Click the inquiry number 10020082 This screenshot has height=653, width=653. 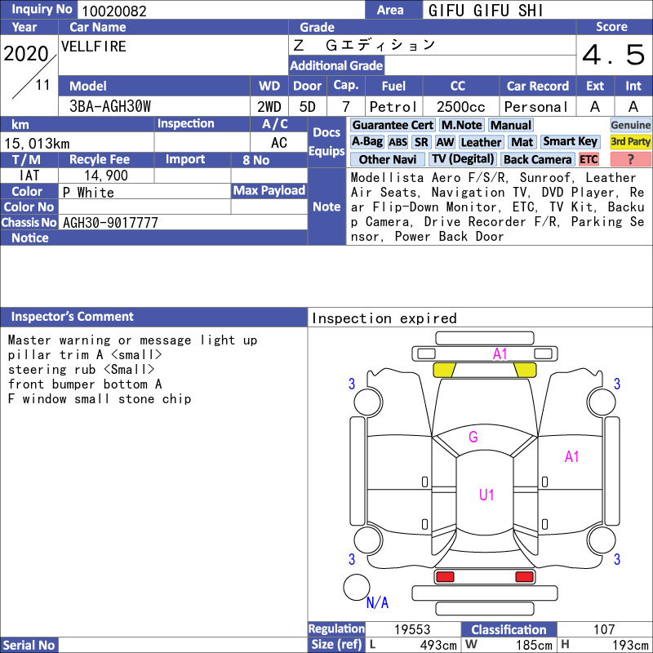pyautogui.click(x=114, y=11)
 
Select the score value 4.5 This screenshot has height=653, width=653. pyautogui.click(x=614, y=55)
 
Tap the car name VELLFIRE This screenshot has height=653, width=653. pyautogui.click(x=94, y=47)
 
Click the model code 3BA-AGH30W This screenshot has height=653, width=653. pyautogui.click(x=110, y=106)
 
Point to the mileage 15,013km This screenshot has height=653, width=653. pyautogui.click(x=37, y=144)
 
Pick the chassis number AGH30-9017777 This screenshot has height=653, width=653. pyautogui.click(x=110, y=222)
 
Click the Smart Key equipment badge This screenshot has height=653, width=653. pyautogui.click(x=571, y=141)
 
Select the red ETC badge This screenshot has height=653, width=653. pyautogui.click(x=589, y=159)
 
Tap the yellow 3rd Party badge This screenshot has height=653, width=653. pyautogui.click(x=630, y=141)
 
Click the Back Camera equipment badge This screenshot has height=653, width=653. pyautogui.click(x=538, y=159)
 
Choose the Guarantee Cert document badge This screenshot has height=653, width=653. pyautogui.click(x=393, y=125)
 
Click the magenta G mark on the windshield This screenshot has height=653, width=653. pyautogui.click(x=473, y=437)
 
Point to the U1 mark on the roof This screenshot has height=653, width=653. pyautogui.click(x=486, y=495)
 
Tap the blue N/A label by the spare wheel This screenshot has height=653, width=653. pyautogui.click(x=377, y=602)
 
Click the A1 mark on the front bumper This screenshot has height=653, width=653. pyautogui.click(x=500, y=354)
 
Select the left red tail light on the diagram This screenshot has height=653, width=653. pyautogui.click(x=445, y=577)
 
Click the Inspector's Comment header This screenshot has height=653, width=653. pyautogui.click(x=73, y=317)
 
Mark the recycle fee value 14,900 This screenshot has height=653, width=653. pyautogui.click(x=106, y=175)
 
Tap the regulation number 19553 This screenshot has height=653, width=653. pyautogui.click(x=412, y=629)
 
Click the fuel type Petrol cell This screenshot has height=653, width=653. pyautogui.click(x=393, y=107)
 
